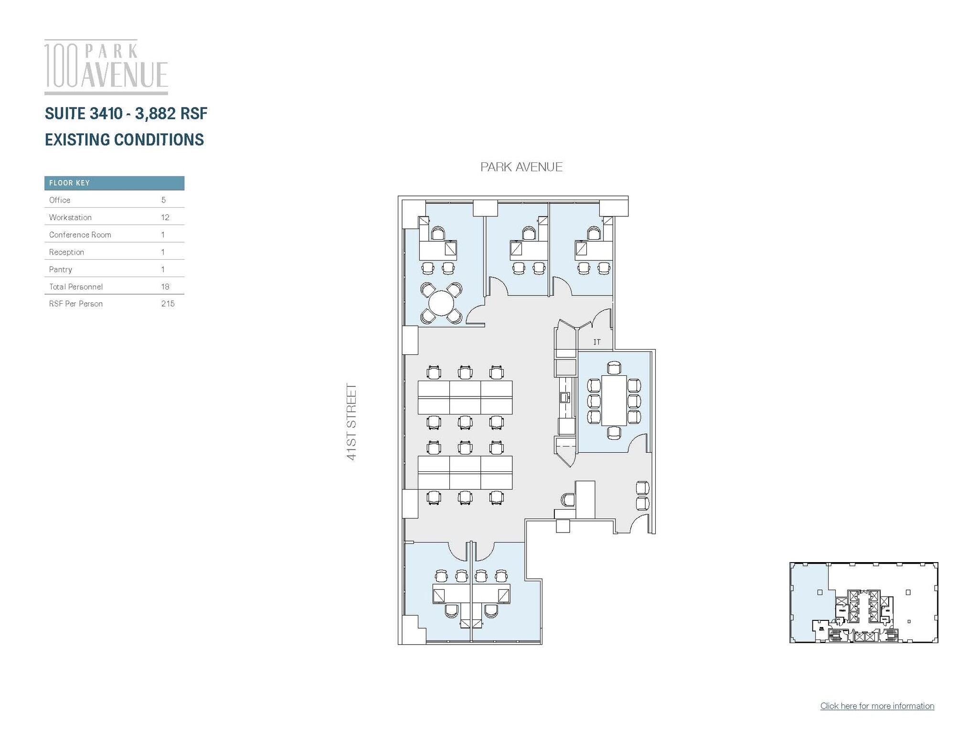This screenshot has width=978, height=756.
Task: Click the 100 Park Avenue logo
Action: (106, 67)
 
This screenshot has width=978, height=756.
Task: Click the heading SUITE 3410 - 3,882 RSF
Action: (126, 114)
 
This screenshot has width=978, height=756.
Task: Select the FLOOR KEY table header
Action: (114, 183)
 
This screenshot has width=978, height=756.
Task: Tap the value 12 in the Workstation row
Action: (165, 217)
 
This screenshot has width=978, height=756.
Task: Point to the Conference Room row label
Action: (80, 234)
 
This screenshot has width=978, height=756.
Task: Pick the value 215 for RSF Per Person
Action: (168, 304)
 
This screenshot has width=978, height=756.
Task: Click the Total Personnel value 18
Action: (165, 287)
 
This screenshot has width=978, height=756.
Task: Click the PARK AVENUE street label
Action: (521, 167)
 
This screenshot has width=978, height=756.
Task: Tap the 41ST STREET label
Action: (351, 422)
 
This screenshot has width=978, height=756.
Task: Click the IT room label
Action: (596, 342)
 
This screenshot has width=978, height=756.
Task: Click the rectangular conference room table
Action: (614, 400)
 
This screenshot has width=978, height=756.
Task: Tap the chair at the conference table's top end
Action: (614, 368)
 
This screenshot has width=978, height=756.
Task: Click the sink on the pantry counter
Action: (564, 397)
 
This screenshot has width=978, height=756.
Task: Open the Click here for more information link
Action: (877, 706)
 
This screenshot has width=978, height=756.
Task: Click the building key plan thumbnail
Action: (863, 602)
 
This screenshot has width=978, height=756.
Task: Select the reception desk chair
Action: (568, 500)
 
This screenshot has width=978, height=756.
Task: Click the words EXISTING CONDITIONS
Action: (124, 139)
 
